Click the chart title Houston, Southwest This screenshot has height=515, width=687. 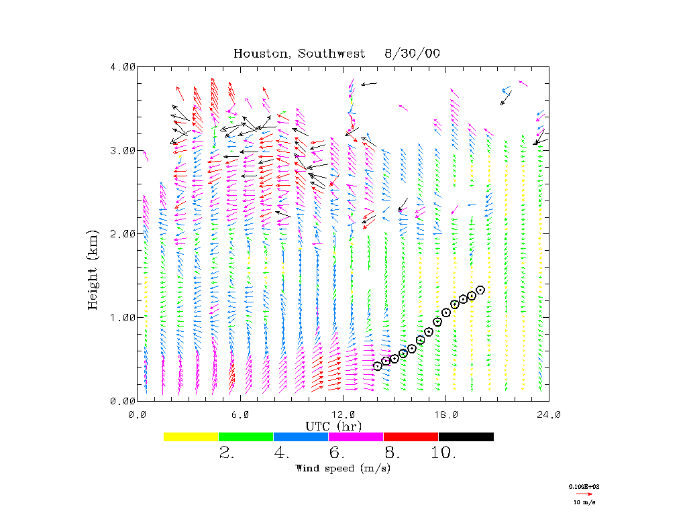click(299, 54)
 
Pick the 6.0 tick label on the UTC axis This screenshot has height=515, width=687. click(240, 414)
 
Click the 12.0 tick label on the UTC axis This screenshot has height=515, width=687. click(343, 414)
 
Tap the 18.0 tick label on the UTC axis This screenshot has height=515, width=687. click(446, 414)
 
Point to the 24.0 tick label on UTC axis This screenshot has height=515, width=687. click(548, 414)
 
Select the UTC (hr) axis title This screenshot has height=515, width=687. click(334, 426)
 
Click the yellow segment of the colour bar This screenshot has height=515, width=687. click(191, 437)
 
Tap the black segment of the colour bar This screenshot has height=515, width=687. click(466, 437)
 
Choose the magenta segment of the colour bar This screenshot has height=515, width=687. click(356, 437)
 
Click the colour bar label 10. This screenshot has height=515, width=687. click(443, 453)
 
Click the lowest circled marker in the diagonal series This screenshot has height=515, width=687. click(378, 365)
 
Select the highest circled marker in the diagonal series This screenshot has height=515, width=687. click(480, 290)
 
